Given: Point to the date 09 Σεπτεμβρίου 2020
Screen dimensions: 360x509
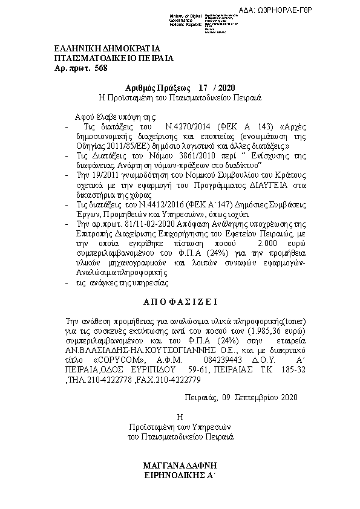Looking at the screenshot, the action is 241,397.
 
